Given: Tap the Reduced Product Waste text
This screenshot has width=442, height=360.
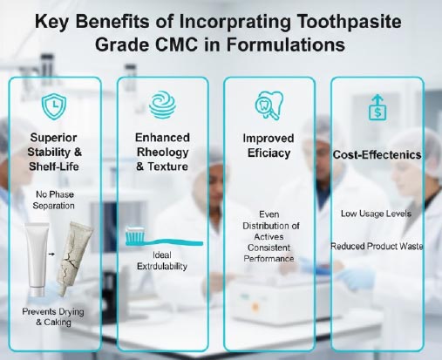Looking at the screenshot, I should [x=377, y=247].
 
